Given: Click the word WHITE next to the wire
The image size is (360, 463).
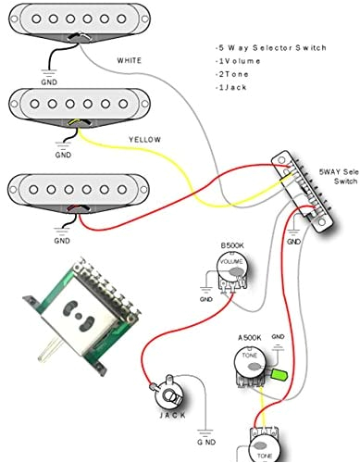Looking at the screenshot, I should pos(130,61).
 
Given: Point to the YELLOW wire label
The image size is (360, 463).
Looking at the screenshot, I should pos(144,140).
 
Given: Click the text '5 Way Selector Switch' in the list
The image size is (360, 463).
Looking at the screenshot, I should pos(268,46).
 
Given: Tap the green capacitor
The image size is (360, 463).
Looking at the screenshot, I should pos(276,375).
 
